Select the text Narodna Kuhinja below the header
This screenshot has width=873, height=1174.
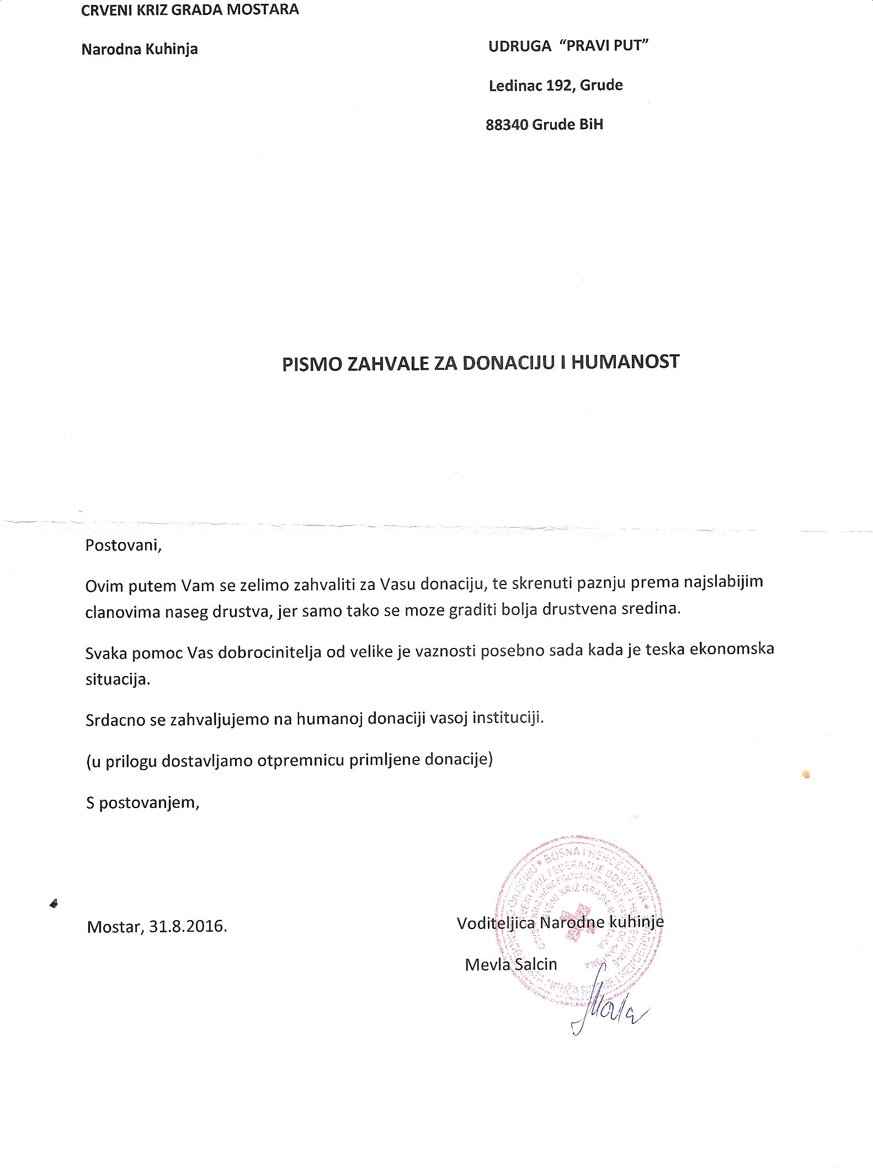pyautogui.click(x=140, y=50)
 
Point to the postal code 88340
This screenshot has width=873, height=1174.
pyautogui.click(x=507, y=125)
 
